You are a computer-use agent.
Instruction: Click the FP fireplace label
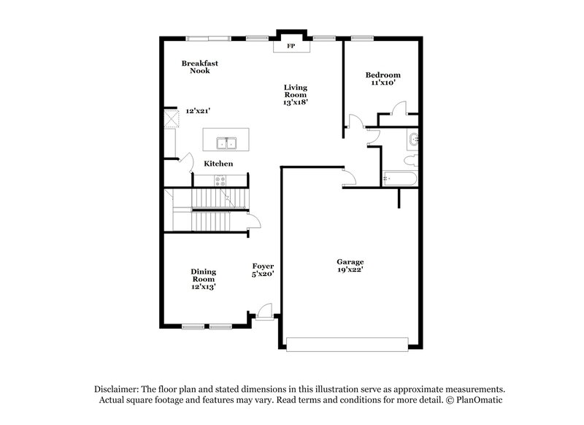point(291,46)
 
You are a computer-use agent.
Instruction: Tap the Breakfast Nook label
point(199,67)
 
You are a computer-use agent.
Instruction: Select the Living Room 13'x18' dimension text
point(296,102)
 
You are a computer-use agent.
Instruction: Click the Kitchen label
point(218,164)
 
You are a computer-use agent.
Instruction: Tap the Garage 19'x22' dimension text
point(350,269)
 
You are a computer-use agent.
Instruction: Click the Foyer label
point(262,266)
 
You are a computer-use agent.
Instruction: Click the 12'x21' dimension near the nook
point(199,112)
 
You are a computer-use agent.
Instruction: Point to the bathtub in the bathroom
point(400,178)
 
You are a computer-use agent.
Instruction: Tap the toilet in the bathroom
point(410,158)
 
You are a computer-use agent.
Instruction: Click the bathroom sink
point(414,139)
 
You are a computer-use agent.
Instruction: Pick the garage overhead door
point(346,343)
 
